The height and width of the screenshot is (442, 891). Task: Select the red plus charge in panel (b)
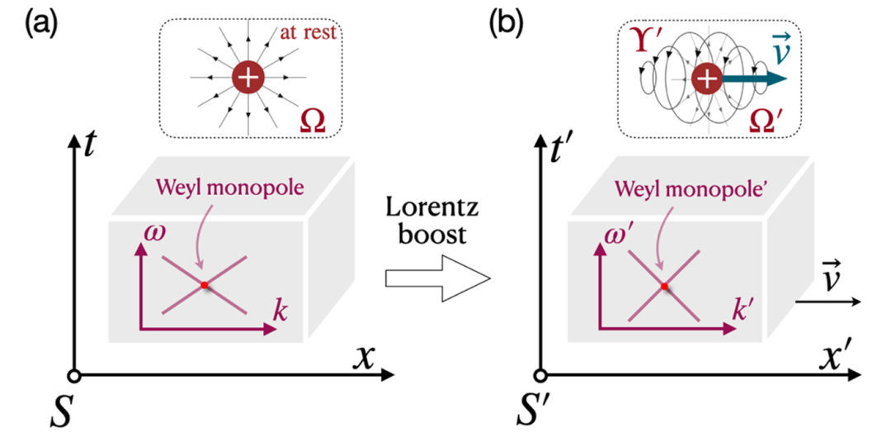pos(706,80)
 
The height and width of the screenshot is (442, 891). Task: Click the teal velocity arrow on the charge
pos(755,80)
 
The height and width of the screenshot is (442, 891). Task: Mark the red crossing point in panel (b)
pos(663,287)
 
